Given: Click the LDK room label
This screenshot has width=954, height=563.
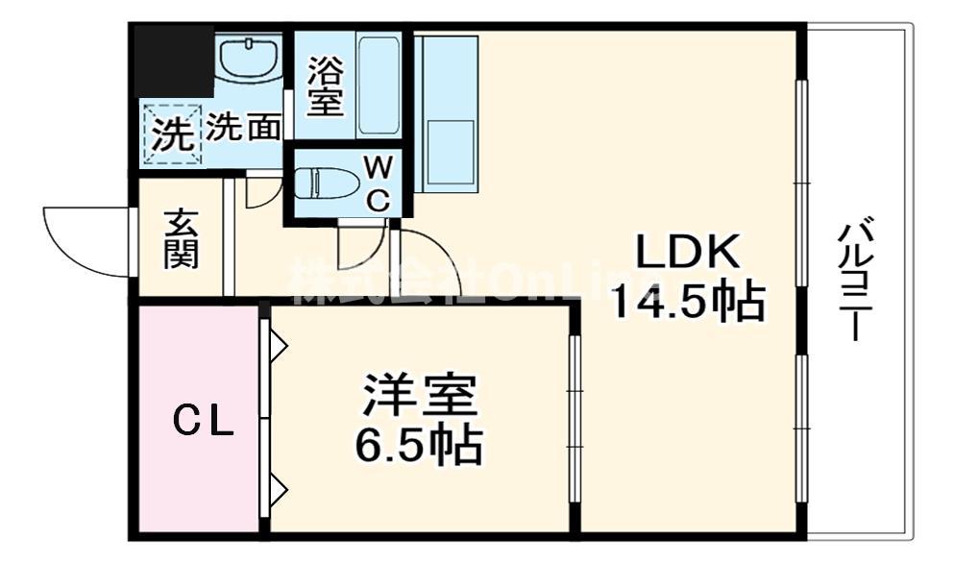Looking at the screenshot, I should (688, 254).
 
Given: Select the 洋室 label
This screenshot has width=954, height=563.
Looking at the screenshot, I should (420, 398).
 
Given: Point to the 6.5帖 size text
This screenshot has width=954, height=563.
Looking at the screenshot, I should (420, 444).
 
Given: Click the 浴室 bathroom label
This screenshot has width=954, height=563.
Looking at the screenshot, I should (325, 87).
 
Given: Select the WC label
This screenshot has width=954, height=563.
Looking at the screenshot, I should (379, 184).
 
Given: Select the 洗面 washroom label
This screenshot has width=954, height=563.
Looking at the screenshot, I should (244, 128).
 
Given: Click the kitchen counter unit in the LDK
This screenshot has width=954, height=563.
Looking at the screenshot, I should (449, 113).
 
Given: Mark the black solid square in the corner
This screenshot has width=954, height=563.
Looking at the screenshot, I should (173, 60).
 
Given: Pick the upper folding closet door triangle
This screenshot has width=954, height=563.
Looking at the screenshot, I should (278, 345).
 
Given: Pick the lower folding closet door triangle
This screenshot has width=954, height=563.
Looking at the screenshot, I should (278, 490).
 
